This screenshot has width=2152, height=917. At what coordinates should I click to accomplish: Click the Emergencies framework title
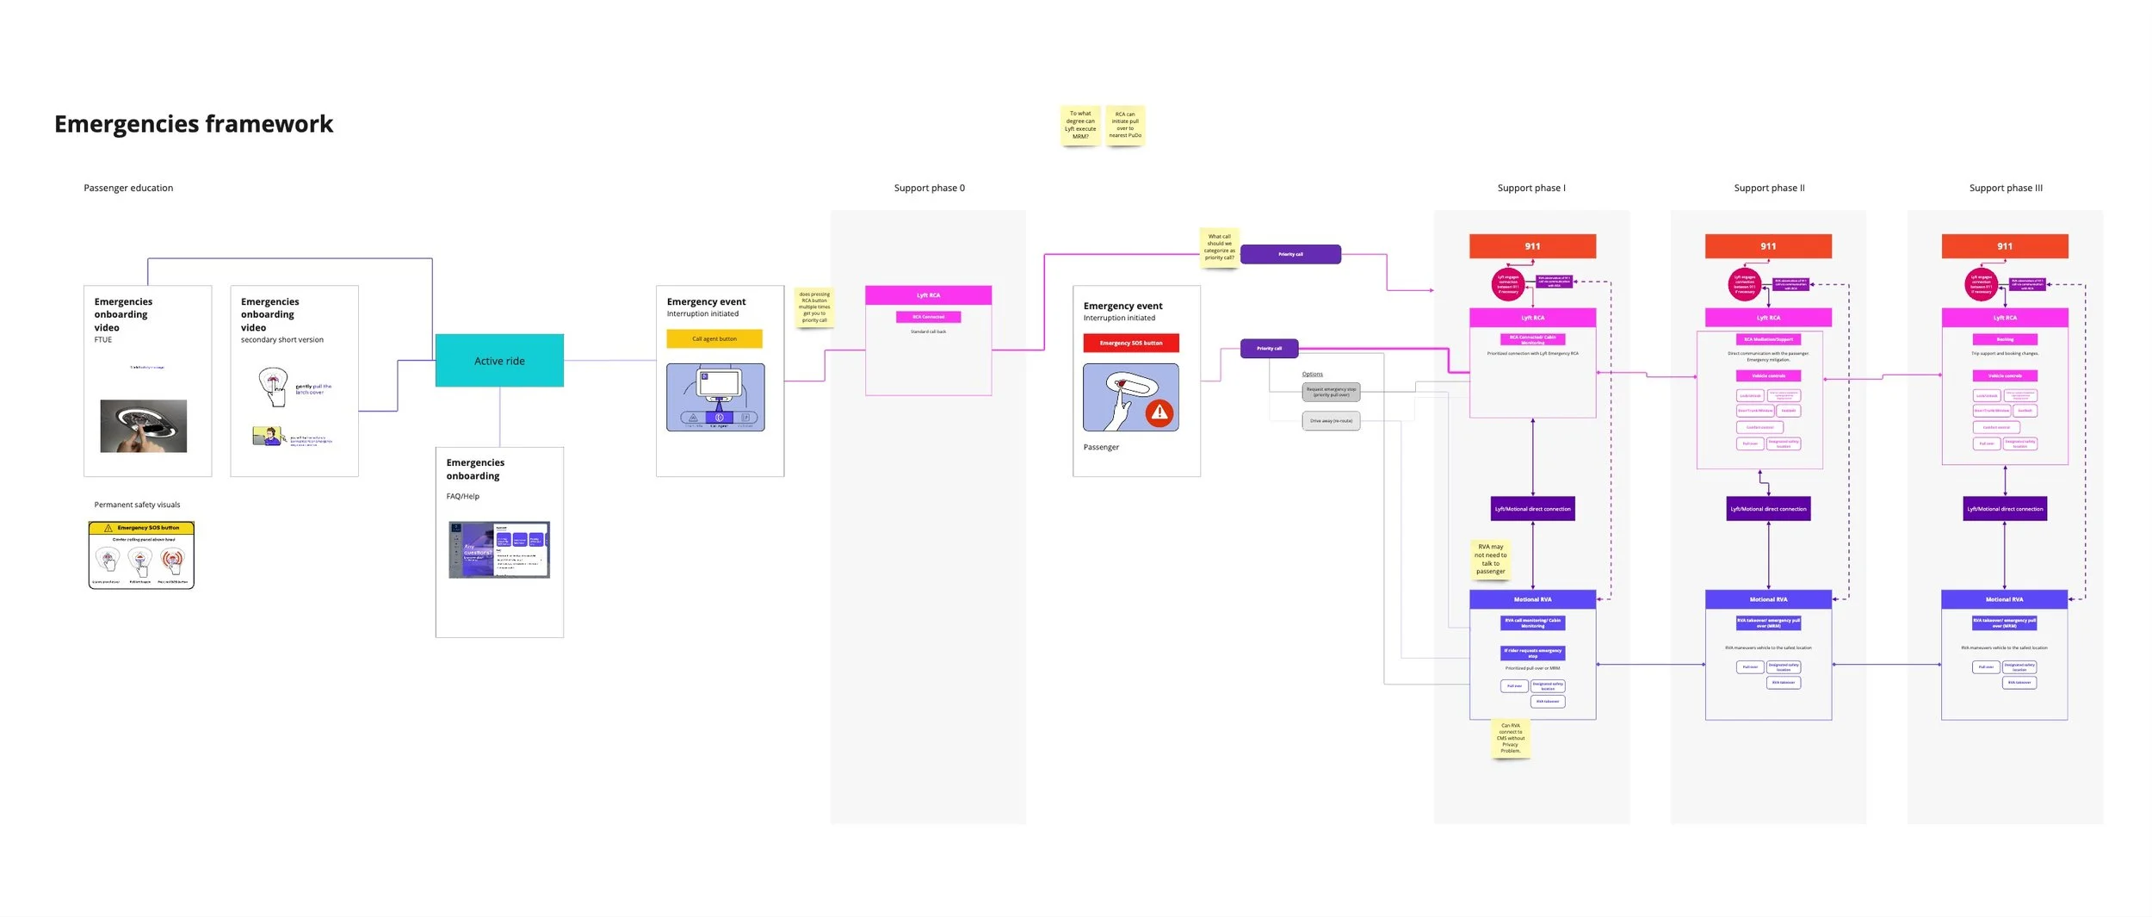point(194,124)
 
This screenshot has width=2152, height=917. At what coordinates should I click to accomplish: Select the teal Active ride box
point(499,361)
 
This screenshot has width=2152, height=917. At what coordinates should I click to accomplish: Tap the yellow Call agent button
point(714,338)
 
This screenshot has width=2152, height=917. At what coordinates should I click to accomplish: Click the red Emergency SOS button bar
point(1131,343)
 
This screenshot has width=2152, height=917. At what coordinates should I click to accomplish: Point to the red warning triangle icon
point(1159,412)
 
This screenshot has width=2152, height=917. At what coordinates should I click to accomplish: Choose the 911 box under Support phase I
point(1532,246)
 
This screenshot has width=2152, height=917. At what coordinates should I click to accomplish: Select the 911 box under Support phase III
point(2005,246)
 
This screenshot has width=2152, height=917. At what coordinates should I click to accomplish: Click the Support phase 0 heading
point(929,188)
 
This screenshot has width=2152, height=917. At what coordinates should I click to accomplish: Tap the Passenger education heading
point(128,188)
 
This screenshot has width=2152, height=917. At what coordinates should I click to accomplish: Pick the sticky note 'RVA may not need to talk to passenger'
point(1491,559)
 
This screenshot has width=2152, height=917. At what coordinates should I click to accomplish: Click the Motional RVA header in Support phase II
point(1768,599)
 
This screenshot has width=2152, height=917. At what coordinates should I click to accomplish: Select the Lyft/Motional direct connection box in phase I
point(1532,509)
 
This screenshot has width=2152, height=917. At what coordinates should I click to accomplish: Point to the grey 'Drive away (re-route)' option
point(1331,421)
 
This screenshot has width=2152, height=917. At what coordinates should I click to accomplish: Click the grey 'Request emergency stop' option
point(1331,392)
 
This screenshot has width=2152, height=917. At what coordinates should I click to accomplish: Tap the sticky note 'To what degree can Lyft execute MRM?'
point(1080,125)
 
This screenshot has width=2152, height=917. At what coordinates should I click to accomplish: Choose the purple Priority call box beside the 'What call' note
point(1290,254)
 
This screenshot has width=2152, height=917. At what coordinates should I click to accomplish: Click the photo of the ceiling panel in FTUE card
point(144,425)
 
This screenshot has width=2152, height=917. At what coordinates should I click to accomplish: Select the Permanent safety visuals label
point(137,505)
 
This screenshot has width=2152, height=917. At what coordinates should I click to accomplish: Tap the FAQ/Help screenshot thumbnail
point(499,549)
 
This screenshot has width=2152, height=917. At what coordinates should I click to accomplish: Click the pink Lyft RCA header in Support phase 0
point(928,295)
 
